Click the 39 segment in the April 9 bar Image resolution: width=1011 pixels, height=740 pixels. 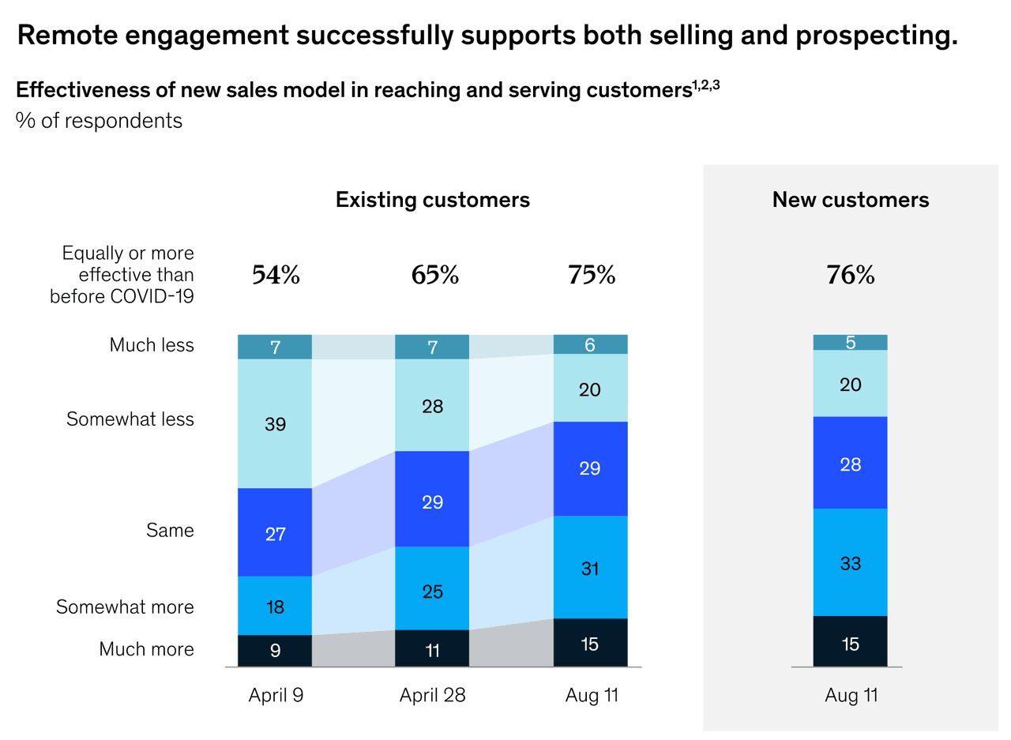click(275, 424)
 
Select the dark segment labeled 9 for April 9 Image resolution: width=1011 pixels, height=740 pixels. click(275, 651)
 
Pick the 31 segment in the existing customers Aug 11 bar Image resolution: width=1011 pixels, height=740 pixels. click(590, 567)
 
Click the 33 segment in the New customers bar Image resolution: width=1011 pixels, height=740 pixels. click(850, 562)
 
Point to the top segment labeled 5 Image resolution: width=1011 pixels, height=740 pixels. click(850, 343)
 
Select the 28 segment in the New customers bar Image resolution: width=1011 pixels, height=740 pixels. click(850, 463)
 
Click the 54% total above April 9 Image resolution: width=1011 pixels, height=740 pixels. click(276, 275)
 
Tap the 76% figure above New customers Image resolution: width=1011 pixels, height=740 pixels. click(850, 275)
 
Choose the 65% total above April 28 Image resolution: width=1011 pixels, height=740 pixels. click(434, 275)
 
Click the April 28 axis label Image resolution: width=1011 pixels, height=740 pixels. click(432, 696)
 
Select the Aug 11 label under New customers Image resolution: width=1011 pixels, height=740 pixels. click(851, 696)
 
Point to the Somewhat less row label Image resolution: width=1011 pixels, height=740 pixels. click(130, 419)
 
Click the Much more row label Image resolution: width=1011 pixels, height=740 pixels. click(146, 649)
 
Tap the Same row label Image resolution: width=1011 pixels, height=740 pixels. click(170, 531)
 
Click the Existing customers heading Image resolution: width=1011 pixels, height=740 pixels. click(432, 200)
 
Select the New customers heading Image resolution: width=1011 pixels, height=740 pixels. click(850, 200)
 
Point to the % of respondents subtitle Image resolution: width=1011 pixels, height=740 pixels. click(99, 121)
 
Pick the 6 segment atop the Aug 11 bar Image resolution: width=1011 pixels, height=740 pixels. click(590, 344)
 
